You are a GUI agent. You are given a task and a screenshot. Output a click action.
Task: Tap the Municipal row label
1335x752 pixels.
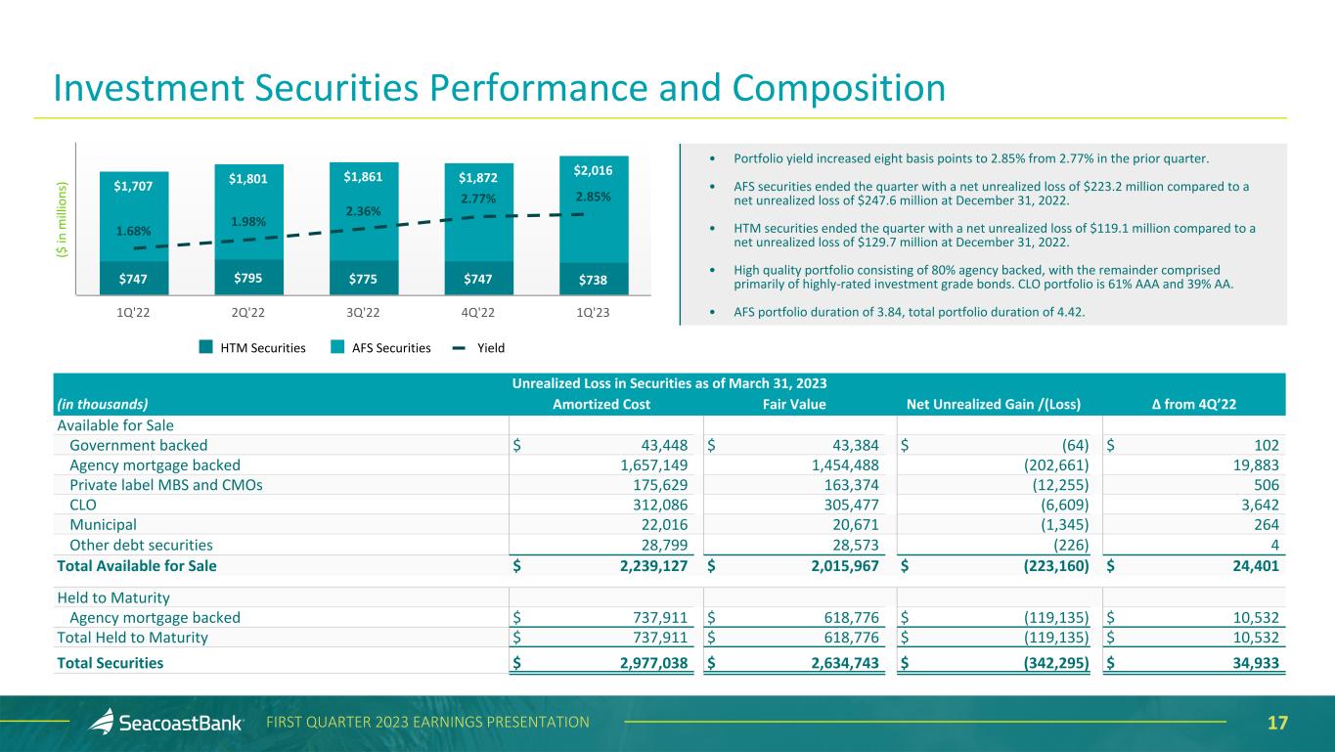[103, 524]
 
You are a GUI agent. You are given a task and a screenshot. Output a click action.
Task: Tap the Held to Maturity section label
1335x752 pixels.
[113, 597]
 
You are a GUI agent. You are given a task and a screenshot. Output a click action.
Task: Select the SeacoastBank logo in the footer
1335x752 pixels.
[166, 723]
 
